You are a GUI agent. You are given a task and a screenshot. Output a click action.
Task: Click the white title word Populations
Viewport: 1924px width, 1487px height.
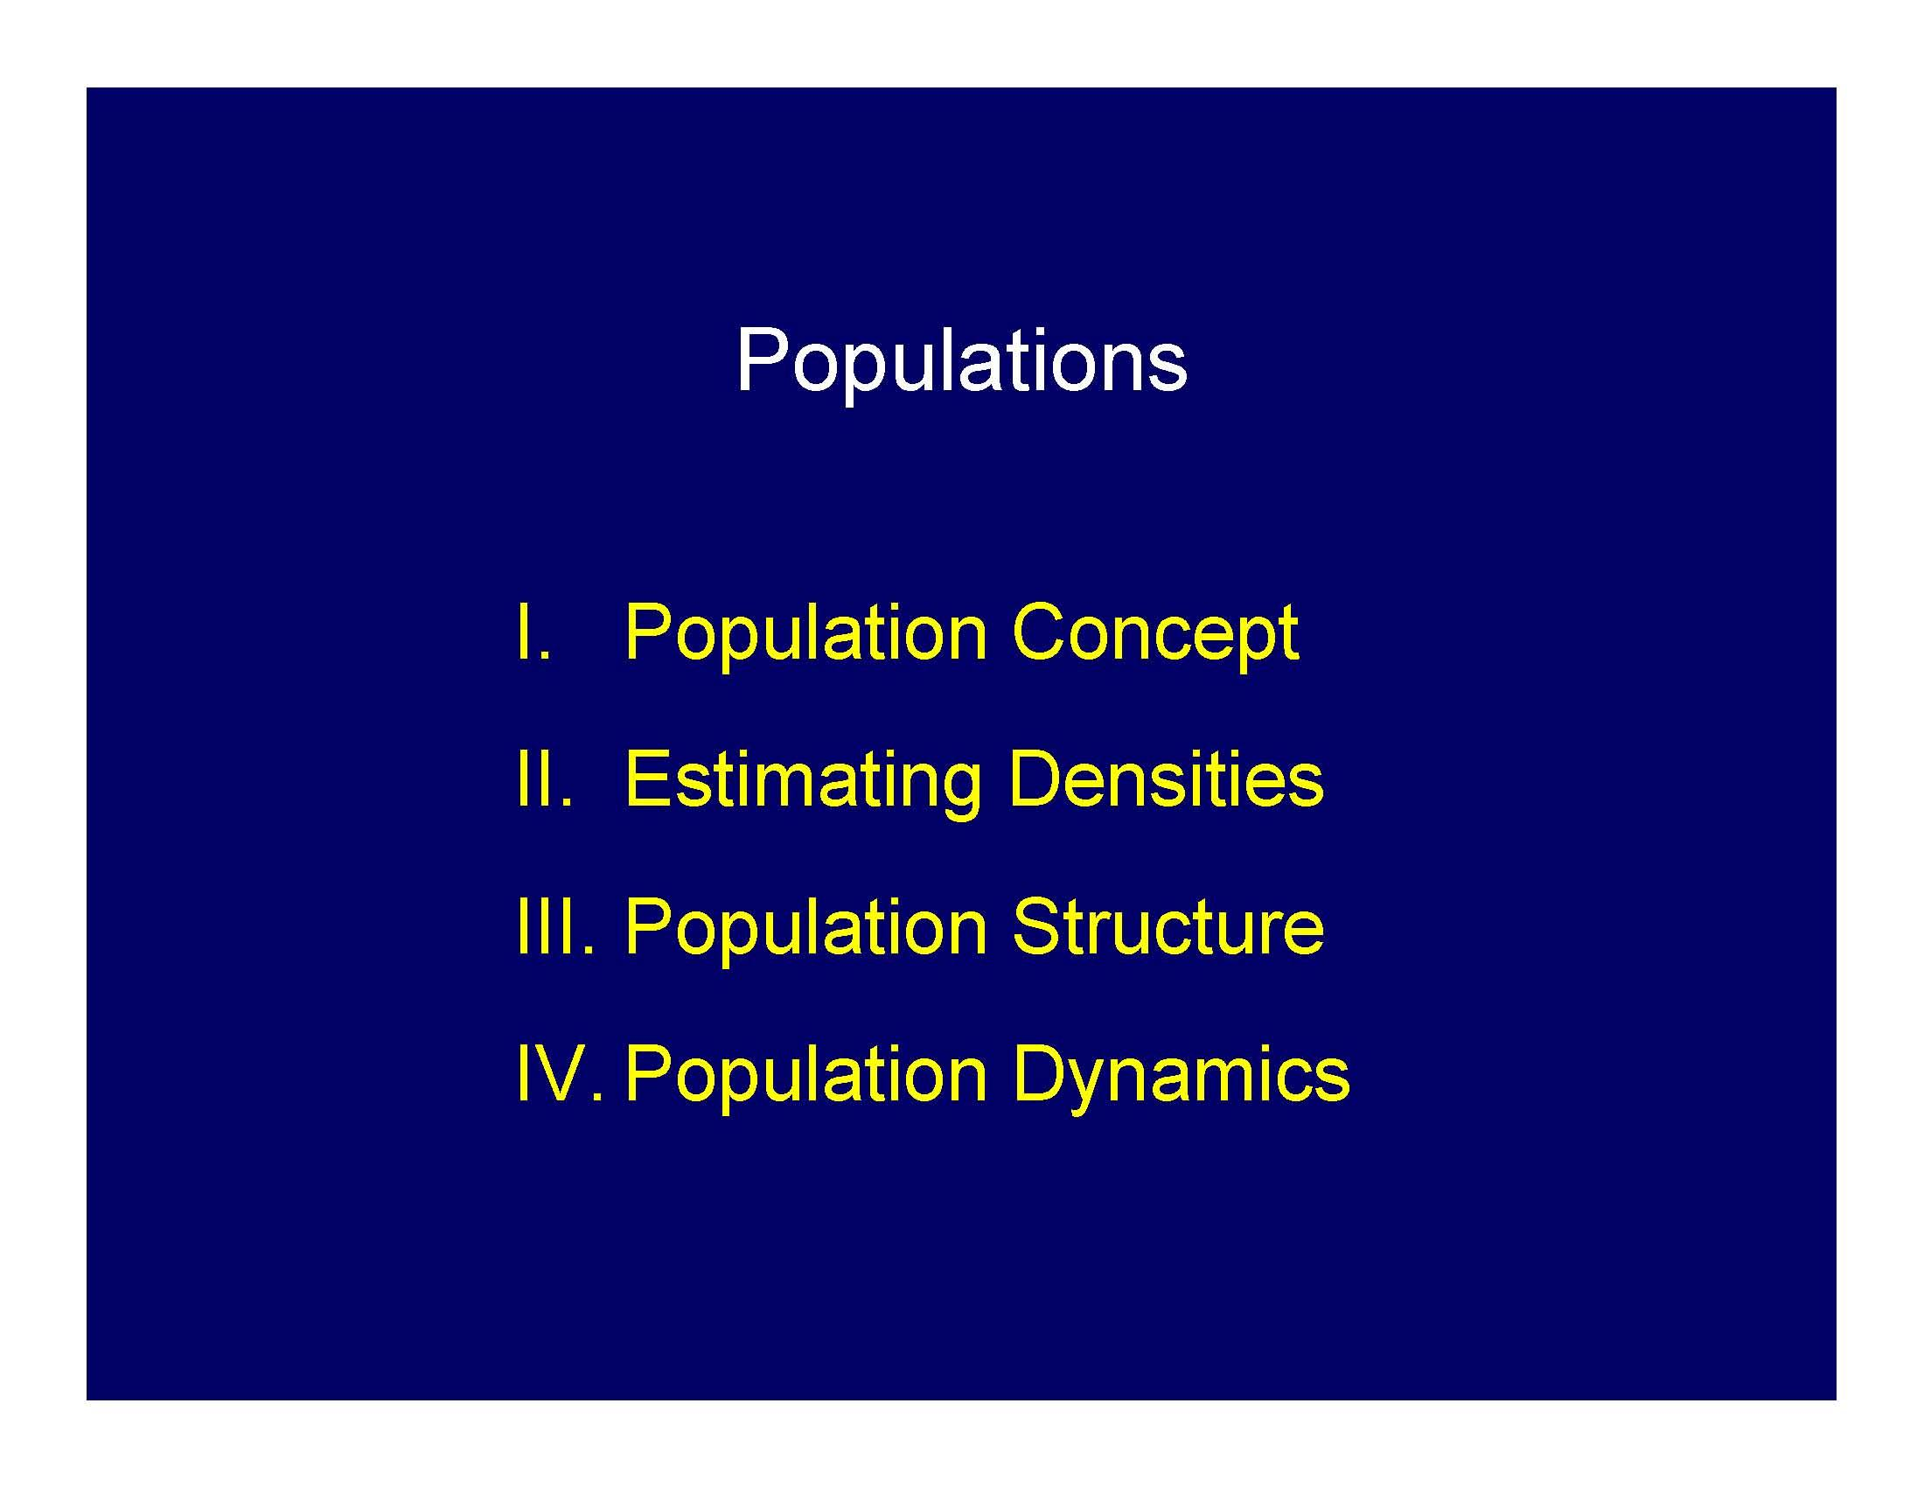[961, 361]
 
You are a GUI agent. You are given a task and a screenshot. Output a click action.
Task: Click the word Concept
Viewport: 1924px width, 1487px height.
[1155, 634]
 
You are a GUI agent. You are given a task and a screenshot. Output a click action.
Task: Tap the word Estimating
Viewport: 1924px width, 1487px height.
[803, 781]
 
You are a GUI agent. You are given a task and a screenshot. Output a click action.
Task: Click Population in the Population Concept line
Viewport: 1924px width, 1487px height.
[805, 634]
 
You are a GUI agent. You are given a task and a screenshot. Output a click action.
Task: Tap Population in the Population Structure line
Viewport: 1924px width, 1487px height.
[805, 928]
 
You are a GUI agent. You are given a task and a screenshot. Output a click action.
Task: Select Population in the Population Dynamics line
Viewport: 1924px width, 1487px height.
[805, 1076]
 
